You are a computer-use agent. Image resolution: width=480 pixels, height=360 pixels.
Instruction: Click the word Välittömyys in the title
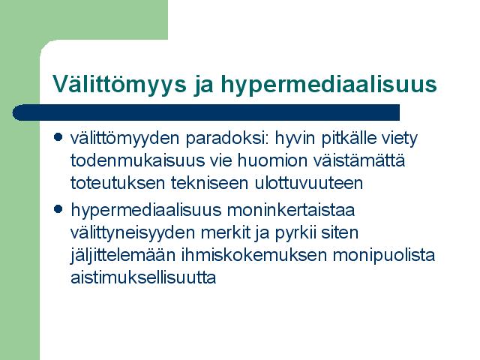click(x=119, y=84)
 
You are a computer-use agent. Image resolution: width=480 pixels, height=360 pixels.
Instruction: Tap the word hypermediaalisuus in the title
click(x=328, y=84)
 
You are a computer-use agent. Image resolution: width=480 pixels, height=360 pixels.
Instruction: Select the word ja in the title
click(x=203, y=85)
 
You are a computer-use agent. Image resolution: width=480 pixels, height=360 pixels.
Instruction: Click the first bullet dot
click(x=58, y=136)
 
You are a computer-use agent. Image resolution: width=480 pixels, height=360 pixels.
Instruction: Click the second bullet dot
click(x=58, y=209)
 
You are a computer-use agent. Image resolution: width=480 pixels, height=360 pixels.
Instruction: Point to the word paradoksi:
click(x=227, y=139)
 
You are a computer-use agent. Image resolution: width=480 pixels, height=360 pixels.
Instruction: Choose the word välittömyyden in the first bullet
click(x=125, y=139)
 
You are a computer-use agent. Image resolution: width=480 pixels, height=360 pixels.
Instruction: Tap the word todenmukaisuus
click(x=137, y=160)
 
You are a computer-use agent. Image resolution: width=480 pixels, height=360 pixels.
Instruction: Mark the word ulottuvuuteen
click(x=308, y=183)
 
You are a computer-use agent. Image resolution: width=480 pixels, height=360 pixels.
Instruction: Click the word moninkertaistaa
click(x=291, y=210)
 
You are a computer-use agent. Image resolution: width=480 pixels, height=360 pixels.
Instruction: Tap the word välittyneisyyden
click(x=133, y=233)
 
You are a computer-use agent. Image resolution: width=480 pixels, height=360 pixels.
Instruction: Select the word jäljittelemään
click(x=123, y=256)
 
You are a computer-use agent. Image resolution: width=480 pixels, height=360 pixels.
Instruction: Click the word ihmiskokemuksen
click(x=254, y=256)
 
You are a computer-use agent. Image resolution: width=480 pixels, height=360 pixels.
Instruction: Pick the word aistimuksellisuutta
click(x=143, y=277)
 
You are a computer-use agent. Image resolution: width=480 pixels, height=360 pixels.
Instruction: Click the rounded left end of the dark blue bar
click(x=13, y=112)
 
